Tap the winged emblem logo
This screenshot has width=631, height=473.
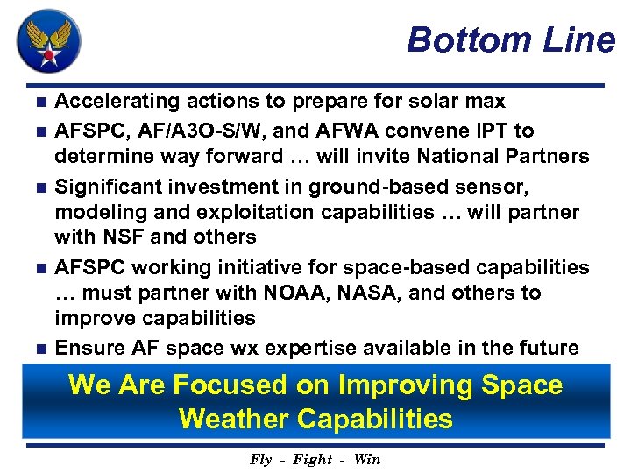(49, 40)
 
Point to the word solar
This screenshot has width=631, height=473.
(422, 102)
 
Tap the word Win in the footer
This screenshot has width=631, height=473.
(366, 460)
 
